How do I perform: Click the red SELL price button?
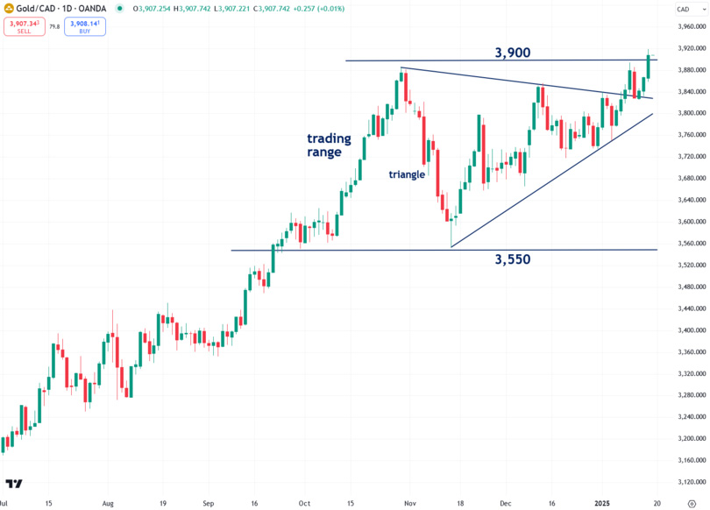(19, 26)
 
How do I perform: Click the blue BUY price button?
(85, 26)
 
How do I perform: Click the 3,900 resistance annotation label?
(513, 53)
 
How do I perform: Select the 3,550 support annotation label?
(513, 259)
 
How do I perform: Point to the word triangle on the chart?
(407, 174)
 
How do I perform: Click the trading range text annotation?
(329, 145)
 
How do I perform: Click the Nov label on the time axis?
(408, 505)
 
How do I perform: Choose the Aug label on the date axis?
(109, 505)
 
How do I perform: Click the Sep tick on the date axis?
(208, 505)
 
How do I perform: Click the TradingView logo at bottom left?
(14, 484)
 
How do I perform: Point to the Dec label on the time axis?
(506, 505)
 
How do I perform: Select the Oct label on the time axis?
(303, 505)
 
